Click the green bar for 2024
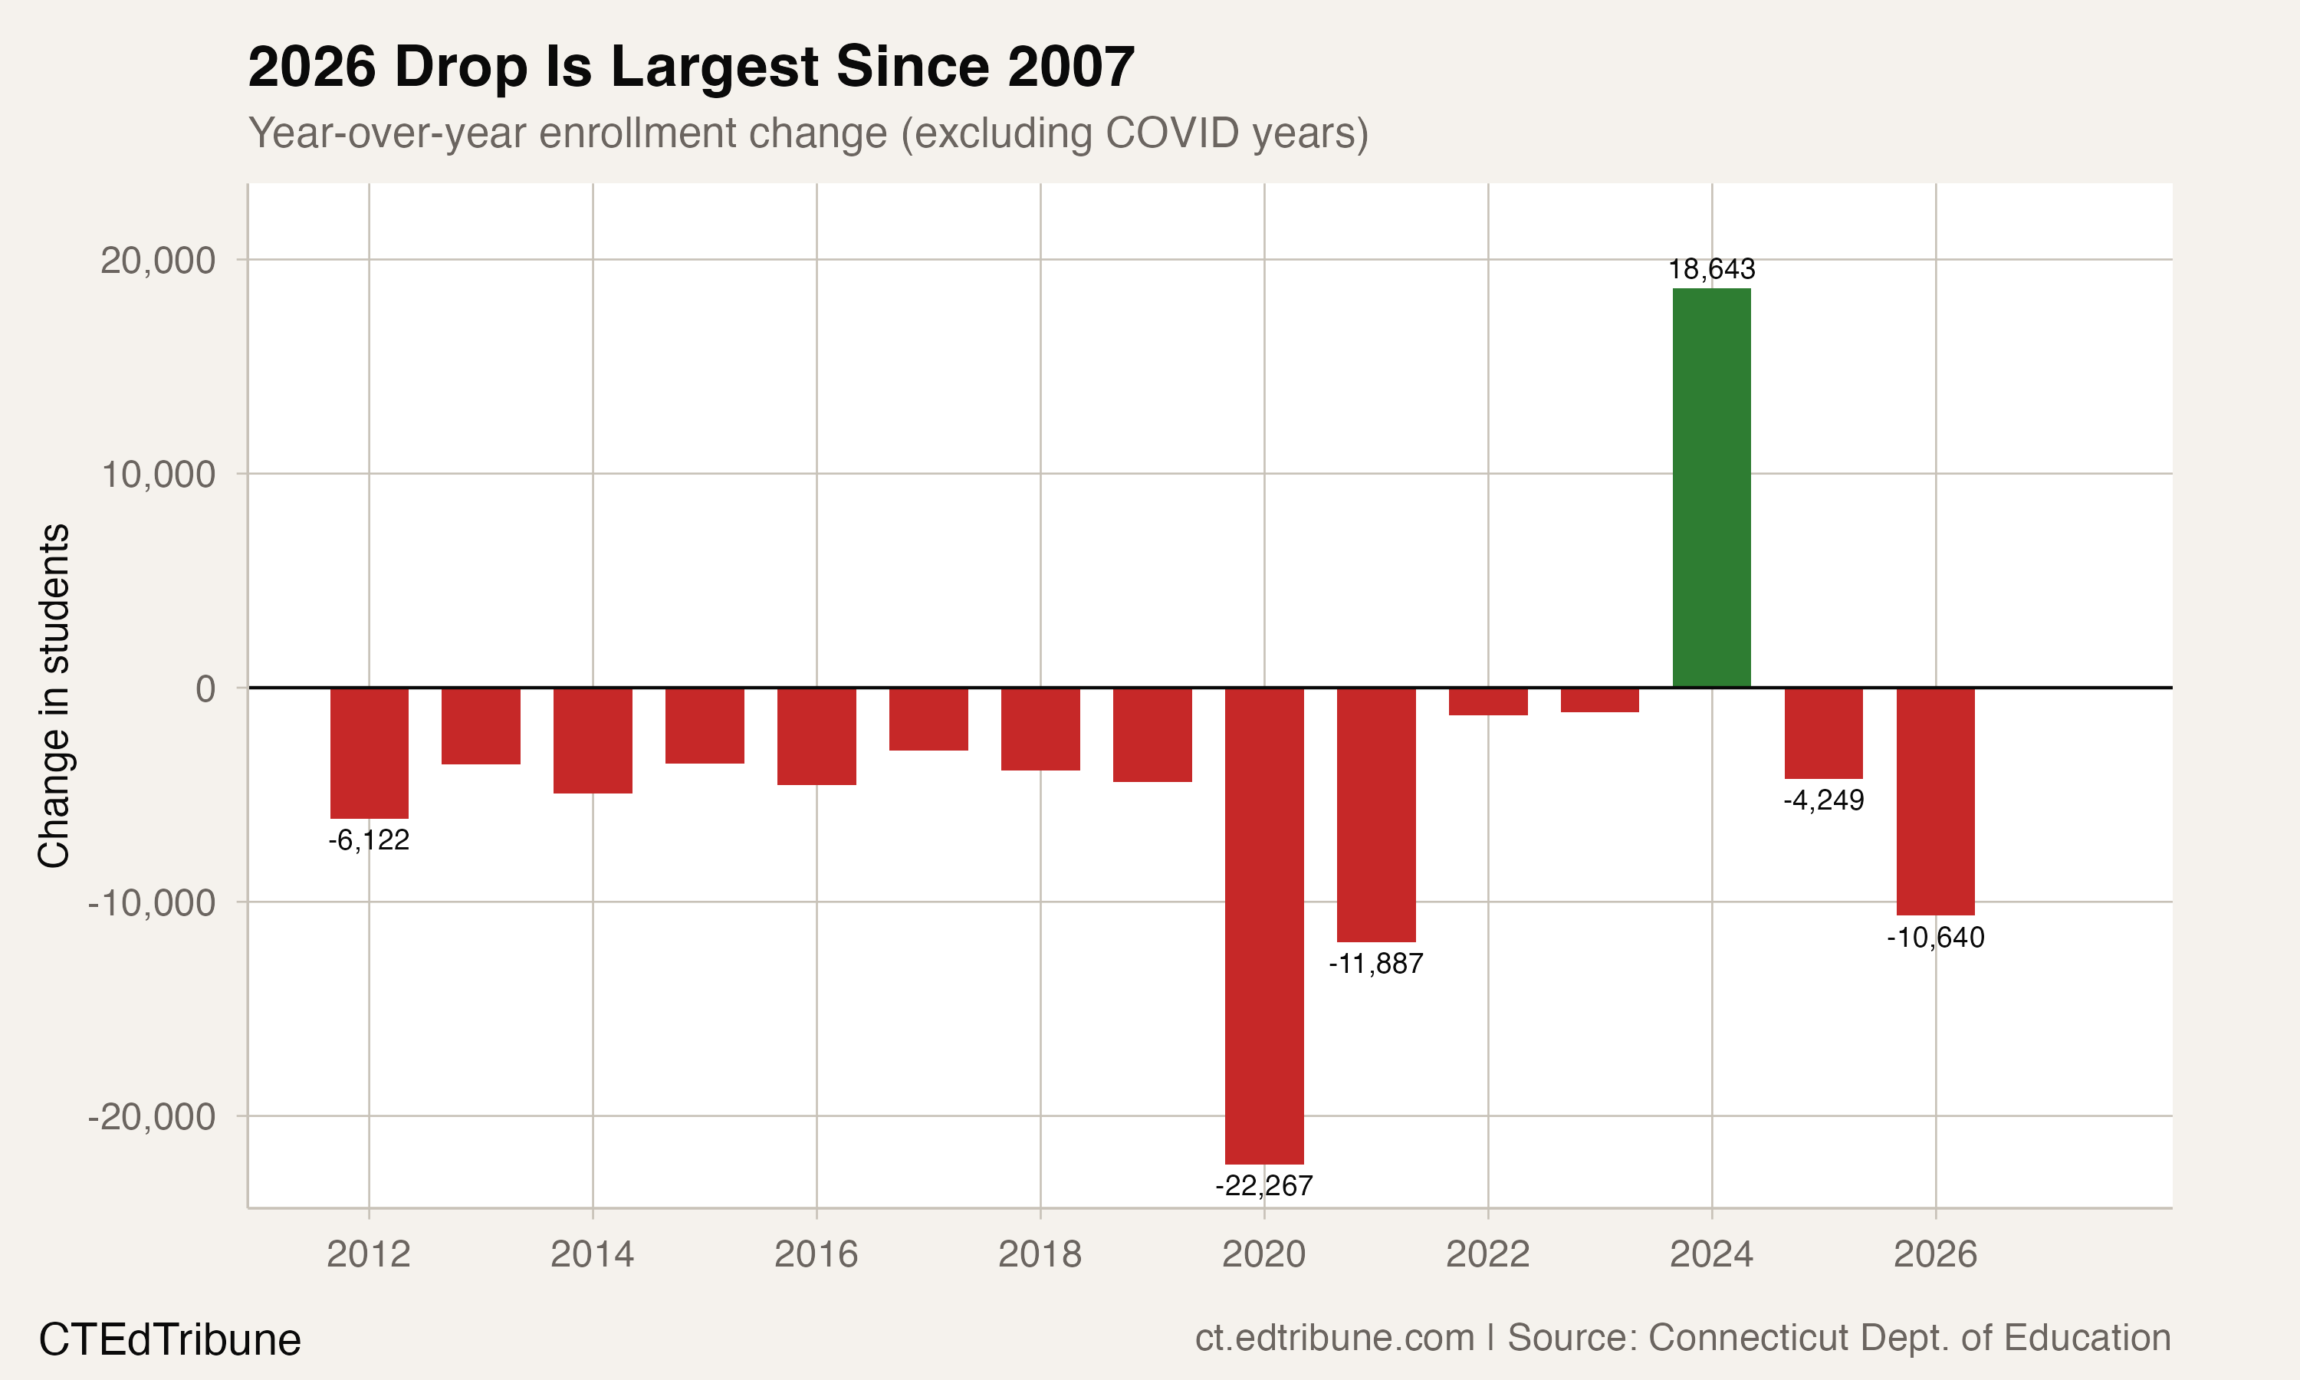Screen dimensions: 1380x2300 [x=1711, y=488]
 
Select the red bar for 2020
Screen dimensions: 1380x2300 [x=1264, y=925]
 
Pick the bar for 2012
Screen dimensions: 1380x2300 [x=369, y=753]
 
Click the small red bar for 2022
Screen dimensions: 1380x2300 [x=1487, y=701]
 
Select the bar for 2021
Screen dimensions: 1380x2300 [x=1376, y=815]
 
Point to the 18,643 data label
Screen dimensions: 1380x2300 [x=1711, y=270]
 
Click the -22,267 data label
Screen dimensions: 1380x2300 [x=1263, y=1185]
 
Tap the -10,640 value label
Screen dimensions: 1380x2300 [x=1936, y=938]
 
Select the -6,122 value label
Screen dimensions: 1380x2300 [x=369, y=840]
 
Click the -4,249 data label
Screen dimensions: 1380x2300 [x=1823, y=800]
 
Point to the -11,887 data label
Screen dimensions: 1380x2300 [x=1376, y=964]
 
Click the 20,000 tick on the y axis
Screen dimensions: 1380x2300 [x=158, y=261]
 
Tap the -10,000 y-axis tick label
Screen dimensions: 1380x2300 [x=152, y=902]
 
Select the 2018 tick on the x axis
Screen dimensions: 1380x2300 [x=1040, y=1254]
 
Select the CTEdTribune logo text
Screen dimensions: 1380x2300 [x=170, y=1340]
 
